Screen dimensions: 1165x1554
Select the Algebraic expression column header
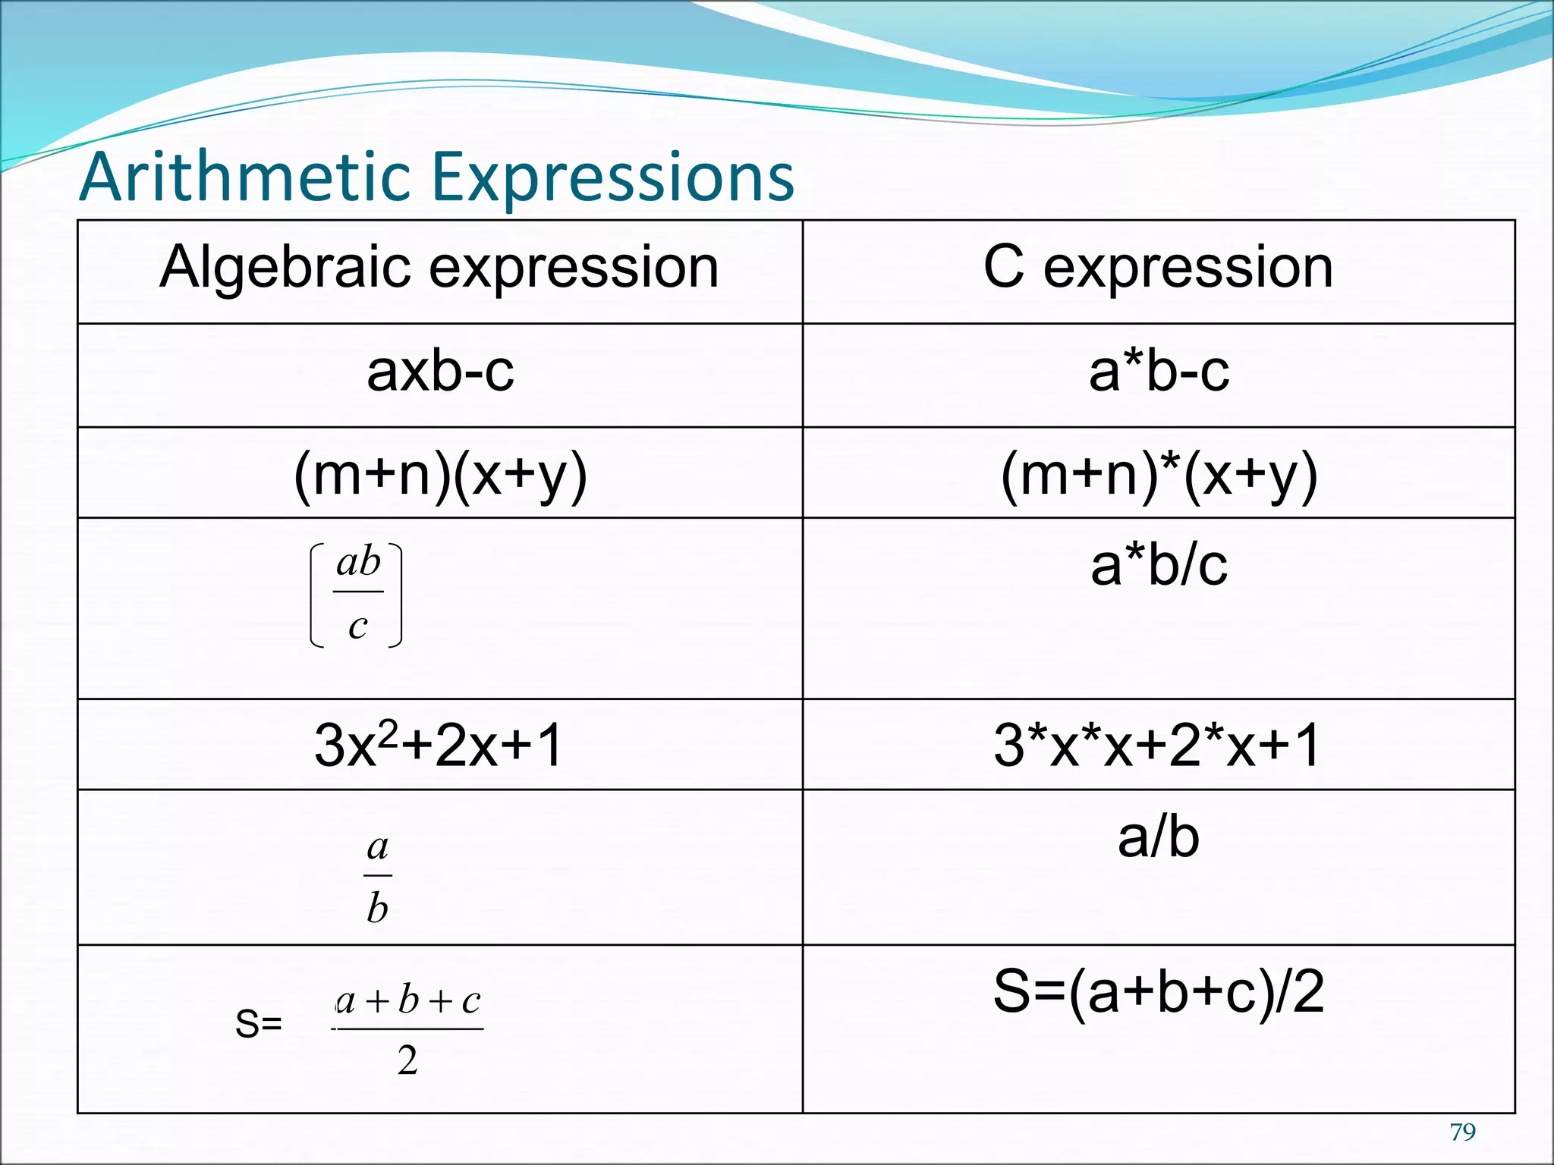tap(439, 268)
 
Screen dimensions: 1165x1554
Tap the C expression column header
tap(1158, 268)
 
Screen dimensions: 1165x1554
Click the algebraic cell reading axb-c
tap(440, 372)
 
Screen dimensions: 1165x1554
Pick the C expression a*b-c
tap(1159, 372)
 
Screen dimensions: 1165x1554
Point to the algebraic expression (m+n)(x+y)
tap(440, 476)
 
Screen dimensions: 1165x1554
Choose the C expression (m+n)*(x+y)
tap(1159, 476)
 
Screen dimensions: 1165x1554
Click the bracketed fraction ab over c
tap(357, 595)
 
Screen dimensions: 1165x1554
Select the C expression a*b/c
tap(1159, 566)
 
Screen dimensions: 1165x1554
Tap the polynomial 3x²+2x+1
tap(439, 745)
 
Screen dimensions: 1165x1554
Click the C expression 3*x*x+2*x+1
tap(1157, 745)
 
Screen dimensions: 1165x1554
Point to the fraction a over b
tap(377, 877)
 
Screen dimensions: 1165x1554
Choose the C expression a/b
tap(1159, 837)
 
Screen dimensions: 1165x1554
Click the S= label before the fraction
tap(259, 1024)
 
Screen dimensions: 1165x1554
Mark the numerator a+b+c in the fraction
tap(408, 1001)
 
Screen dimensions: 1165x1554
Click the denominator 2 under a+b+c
tap(407, 1060)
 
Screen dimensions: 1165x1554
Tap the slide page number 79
tap(1462, 1132)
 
